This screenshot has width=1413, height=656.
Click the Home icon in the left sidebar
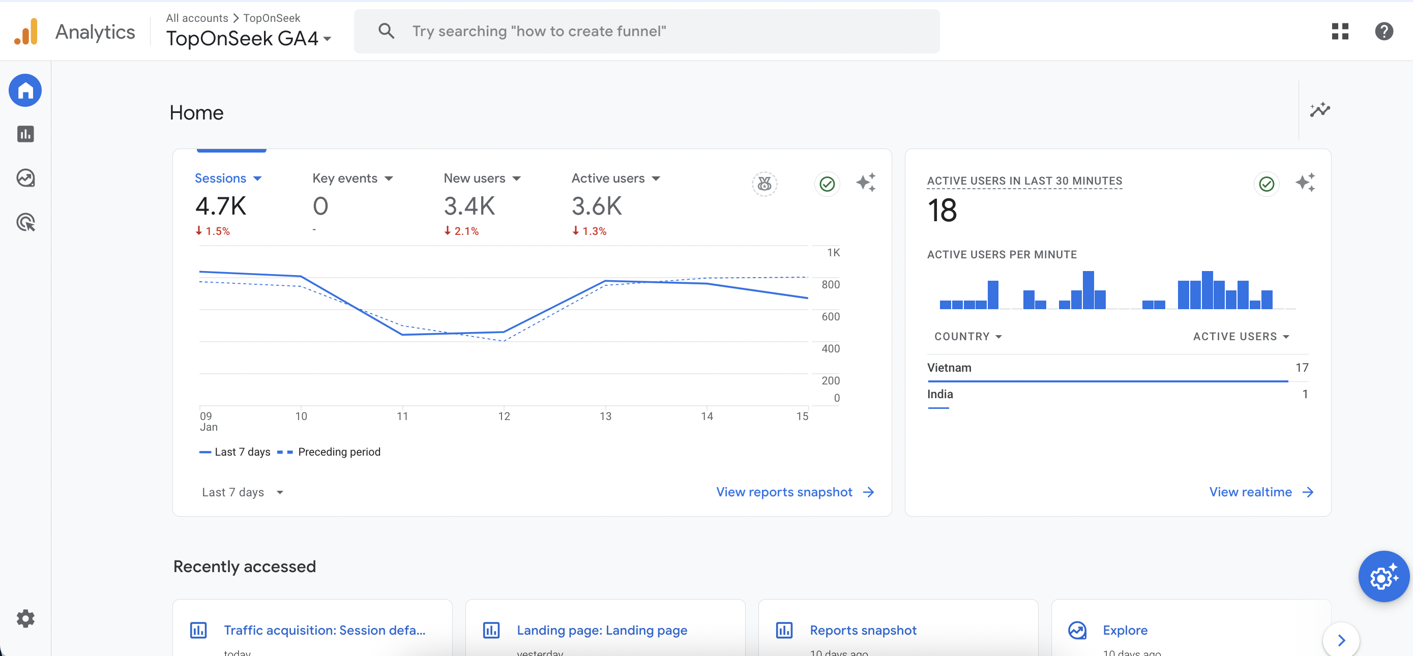(x=25, y=91)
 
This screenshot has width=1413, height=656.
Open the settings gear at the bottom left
(x=25, y=618)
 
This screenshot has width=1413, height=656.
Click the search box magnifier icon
(x=386, y=31)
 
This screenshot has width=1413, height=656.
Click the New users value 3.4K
(x=469, y=207)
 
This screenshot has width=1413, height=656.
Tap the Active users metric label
(x=608, y=178)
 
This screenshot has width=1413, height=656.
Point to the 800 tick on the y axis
(x=830, y=284)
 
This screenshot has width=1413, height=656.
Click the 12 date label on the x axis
(x=504, y=416)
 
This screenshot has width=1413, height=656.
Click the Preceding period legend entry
(x=338, y=452)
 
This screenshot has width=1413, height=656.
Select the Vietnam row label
(x=949, y=368)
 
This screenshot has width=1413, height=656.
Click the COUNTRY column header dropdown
(x=967, y=336)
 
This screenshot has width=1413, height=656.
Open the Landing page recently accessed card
(x=602, y=630)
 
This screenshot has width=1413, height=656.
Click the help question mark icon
(x=1383, y=31)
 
